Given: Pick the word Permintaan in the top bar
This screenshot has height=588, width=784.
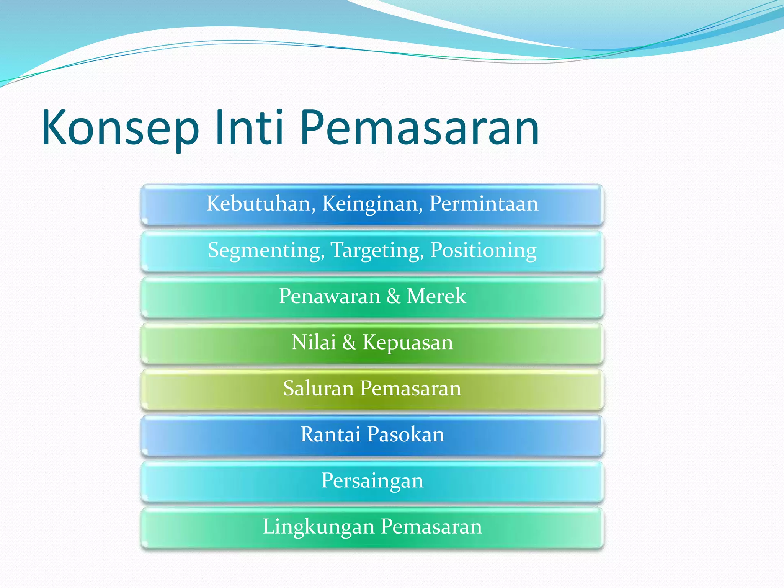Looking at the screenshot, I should (483, 203).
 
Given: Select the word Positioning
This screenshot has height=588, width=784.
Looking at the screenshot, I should (483, 250).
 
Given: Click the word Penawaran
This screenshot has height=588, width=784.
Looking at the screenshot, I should (330, 296).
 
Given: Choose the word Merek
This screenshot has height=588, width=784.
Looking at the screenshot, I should (436, 296).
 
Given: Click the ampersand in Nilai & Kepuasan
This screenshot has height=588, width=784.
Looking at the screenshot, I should (349, 342).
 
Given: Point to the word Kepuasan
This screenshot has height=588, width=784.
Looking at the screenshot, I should (408, 343).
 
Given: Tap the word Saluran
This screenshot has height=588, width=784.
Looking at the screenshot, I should (318, 388).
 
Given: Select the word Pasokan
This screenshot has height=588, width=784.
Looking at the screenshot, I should (405, 434).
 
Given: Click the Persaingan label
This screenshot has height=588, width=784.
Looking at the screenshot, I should (372, 481).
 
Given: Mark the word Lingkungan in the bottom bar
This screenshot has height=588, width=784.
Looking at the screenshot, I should (318, 527).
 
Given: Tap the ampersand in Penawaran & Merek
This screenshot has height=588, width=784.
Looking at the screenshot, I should (394, 296).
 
